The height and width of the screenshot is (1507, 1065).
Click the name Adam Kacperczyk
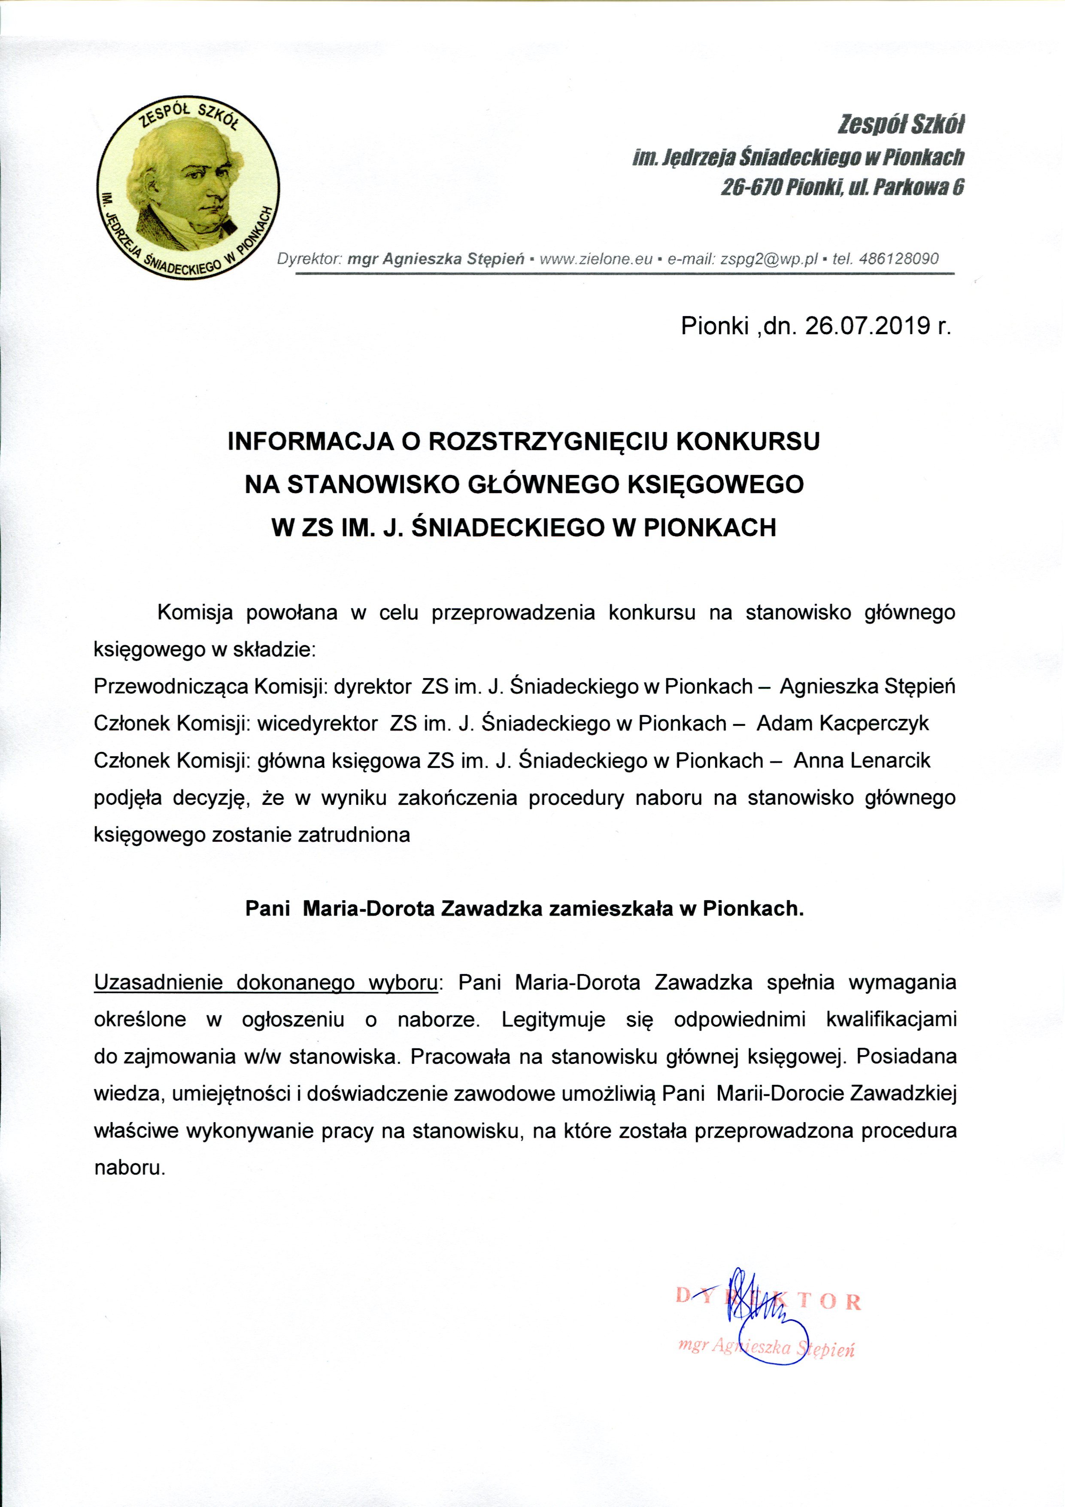(x=843, y=723)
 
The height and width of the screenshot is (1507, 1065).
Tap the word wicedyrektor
(x=317, y=723)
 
